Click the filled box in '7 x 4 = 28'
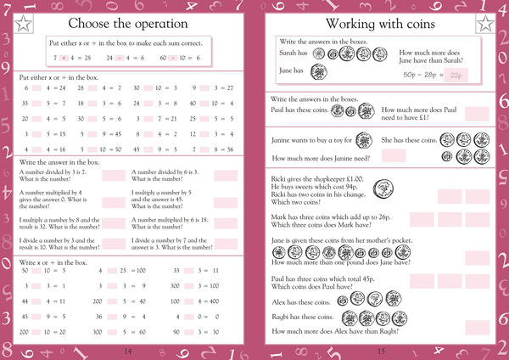point(64,58)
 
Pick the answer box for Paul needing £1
point(478,113)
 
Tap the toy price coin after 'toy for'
point(362,139)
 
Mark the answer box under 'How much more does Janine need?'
point(394,156)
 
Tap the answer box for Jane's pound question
point(478,257)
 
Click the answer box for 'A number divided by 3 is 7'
point(112,176)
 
